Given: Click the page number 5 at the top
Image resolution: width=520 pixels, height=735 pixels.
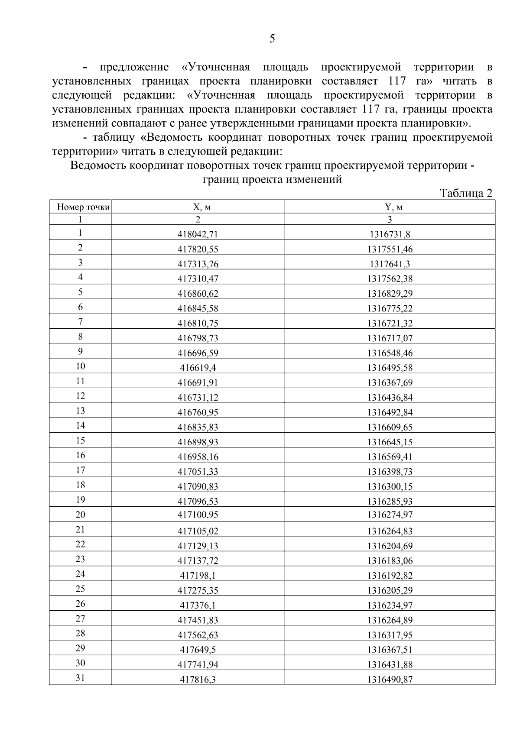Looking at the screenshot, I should [272, 39].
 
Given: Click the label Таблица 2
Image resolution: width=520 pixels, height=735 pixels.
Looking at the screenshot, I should [466, 193].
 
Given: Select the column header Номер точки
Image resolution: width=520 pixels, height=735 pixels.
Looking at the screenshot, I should [83, 207].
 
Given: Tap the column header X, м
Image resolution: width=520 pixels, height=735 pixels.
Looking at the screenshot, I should [198, 207].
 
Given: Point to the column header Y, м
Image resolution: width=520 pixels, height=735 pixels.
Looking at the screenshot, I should [390, 207].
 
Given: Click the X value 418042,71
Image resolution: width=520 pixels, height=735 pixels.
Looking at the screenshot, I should [198, 235].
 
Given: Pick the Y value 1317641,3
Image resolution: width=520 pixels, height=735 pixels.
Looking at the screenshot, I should [390, 264].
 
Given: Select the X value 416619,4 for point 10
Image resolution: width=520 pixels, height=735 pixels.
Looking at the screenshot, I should [198, 368].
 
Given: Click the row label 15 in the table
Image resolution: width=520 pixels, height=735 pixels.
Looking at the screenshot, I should [80, 441].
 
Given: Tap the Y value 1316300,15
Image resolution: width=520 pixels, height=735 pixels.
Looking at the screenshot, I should [390, 487].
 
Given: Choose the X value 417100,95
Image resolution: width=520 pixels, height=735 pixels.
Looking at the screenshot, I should [198, 515].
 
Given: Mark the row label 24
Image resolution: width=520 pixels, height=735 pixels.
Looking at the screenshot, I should [80, 574].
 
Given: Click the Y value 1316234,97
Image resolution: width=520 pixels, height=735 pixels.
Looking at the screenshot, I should [390, 605].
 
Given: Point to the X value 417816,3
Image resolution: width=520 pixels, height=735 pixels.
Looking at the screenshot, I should [198, 680].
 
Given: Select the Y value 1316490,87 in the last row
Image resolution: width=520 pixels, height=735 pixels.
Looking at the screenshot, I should [390, 680].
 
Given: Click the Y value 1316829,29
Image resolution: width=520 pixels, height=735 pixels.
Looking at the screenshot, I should [390, 294].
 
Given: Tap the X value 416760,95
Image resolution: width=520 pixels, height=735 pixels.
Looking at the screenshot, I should [198, 412].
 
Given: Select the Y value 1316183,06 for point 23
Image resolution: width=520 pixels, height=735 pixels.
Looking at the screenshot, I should [390, 561].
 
